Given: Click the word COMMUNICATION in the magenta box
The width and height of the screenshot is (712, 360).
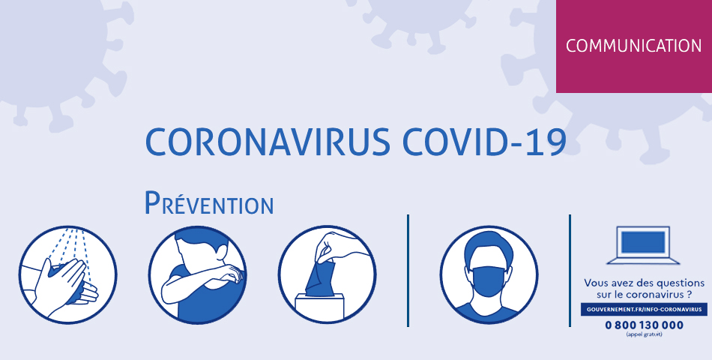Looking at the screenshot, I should click(x=633, y=46).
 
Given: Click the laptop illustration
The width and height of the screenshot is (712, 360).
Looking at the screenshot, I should click(x=644, y=244).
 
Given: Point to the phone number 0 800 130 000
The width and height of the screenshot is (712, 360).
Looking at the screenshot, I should click(x=644, y=325).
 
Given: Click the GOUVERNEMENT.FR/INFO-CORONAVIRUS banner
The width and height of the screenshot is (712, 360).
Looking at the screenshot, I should click(x=644, y=309).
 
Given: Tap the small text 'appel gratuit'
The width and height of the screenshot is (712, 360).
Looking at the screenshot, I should click(x=644, y=334).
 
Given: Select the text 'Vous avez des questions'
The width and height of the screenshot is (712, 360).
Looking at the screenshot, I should click(x=644, y=283).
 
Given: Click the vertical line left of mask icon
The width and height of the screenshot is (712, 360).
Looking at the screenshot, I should click(x=408, y=270).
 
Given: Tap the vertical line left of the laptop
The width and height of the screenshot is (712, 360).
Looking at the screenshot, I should click(x=570, y=270).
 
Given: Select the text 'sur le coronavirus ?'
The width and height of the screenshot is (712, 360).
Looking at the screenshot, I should click(x=644, y=295).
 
